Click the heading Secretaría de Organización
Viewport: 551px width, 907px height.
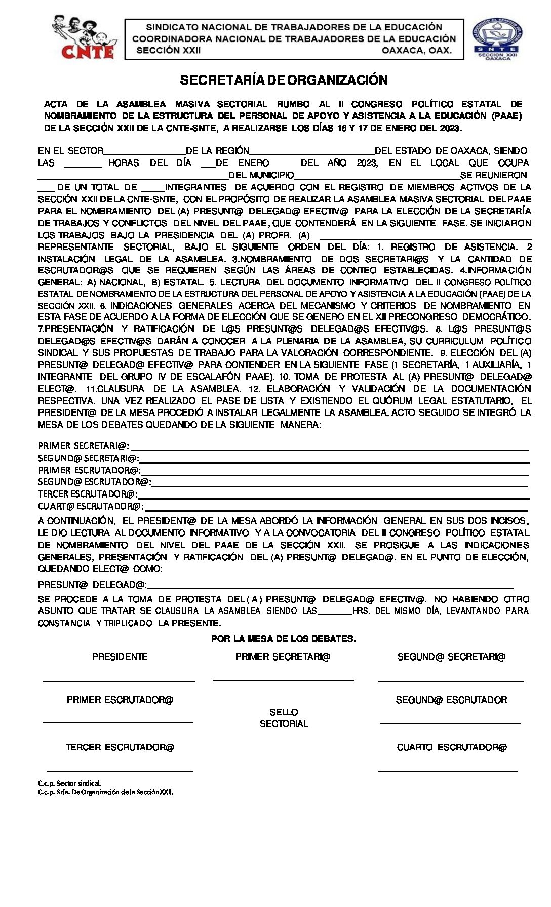click(x=284, y=80)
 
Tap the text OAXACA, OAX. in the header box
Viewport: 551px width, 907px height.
click(x=416, y=51)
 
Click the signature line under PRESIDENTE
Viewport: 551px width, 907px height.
click(x=119, y=681)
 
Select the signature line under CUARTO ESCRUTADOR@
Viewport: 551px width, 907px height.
click(x=448, y=771)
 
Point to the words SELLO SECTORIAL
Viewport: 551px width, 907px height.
click(x=284, y=718)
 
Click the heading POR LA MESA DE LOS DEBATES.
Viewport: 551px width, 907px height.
click(x=284, y=639)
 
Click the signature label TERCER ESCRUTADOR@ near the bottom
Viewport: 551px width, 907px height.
click(x=120, y=747)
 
